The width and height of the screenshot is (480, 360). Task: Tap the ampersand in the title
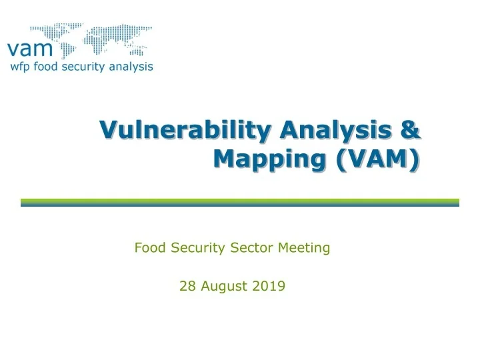pyautogui.click(x=411, y=129)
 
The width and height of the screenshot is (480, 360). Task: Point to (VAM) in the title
pyautogui.click(x=379, y=160)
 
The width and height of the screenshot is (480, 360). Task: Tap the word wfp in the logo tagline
pyautogui.click(x=19, y=67)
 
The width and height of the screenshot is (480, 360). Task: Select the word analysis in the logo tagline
pyautogui.click(x=131, y=66)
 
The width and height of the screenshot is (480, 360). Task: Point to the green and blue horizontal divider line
pyautogui.click(x=240, y=202)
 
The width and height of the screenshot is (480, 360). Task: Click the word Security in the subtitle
pyautogui.click(x=200, y=248)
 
